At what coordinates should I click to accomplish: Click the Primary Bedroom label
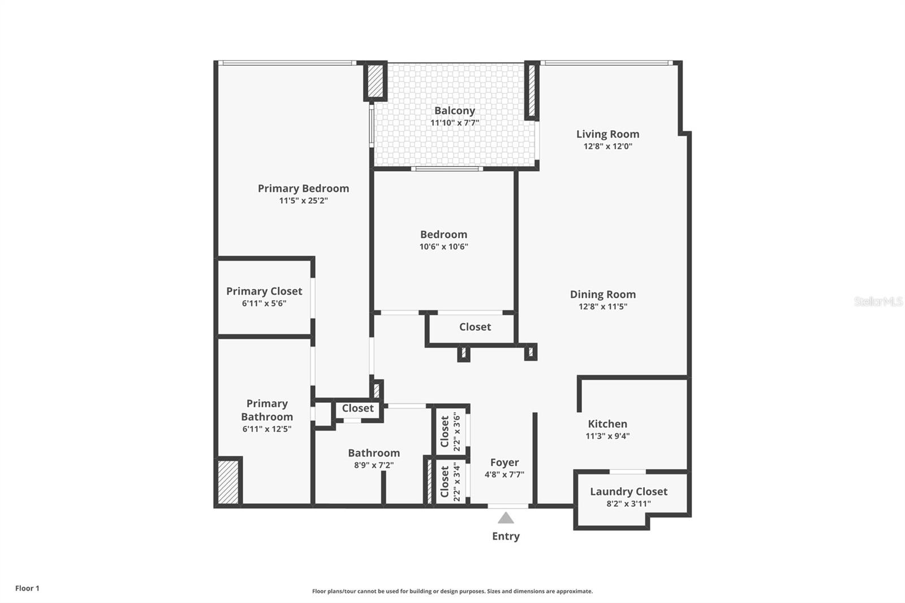coord(303,188)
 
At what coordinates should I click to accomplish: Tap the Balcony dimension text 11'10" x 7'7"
coord(454,123)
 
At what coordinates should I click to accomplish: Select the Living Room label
coord(607,134)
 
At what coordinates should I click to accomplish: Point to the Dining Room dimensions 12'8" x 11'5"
coord(602,307)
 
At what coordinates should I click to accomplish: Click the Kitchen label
coord(607,424)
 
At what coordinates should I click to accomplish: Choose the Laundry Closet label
coord(628,492)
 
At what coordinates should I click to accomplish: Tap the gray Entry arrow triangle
coord(506,518)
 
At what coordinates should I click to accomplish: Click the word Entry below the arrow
coord(506,536)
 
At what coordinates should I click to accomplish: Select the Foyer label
coord(504,463)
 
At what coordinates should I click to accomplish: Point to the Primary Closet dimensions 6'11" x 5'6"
coord(264,303)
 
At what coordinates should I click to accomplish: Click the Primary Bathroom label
coord(266,410)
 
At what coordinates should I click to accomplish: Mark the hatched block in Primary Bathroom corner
coord(229,482)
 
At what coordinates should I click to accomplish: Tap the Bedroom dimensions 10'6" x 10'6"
coord(443,247)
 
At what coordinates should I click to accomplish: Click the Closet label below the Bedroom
coord(475,327)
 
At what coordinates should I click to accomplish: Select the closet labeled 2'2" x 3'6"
coord(450,431)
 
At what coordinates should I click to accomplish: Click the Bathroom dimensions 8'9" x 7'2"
coord(373,466)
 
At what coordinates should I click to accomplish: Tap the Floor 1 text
coord(27,588)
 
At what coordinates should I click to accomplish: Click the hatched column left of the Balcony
coord(375,81)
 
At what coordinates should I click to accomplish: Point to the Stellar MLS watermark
coord(878,301)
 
